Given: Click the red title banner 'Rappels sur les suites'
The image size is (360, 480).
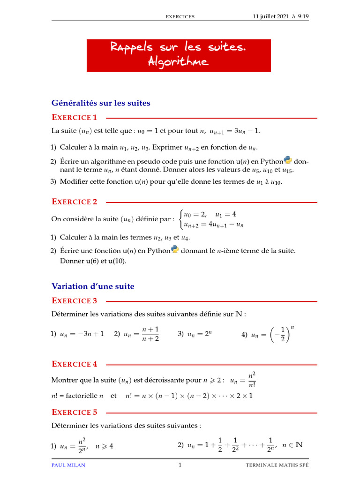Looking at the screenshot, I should pos(179,48).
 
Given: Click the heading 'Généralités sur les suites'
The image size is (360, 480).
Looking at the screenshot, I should pos(101,103).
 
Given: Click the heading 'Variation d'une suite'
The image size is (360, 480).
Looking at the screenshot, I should pos(92,286).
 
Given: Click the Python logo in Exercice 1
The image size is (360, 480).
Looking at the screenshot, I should pos(288,160).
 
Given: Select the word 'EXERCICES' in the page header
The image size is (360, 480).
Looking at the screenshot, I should pos(180,17).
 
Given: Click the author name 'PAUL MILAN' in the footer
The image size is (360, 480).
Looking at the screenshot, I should pos(68,465).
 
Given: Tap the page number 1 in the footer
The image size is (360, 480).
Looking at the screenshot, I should pos(180,465).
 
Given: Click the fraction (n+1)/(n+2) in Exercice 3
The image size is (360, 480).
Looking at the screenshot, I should pos(150,334).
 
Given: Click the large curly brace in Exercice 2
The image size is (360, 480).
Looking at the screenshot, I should pos(182,219).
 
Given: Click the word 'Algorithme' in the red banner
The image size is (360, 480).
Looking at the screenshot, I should pos(178,61).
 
